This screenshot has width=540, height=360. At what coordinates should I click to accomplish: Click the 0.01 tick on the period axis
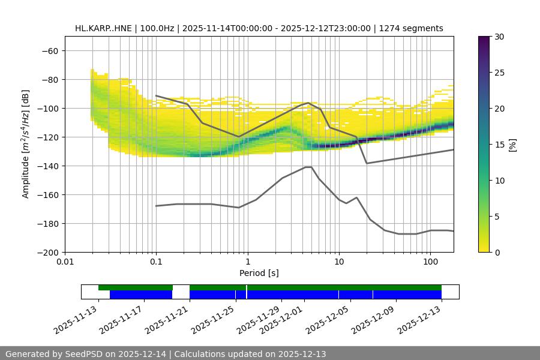65,262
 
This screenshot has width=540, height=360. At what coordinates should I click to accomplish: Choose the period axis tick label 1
248,262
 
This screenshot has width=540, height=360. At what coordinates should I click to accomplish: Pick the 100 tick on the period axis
430,262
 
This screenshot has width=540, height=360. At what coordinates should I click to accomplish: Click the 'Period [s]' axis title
259,273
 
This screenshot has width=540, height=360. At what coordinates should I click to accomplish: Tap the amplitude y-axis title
26,144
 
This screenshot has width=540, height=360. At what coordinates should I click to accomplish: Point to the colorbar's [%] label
513,145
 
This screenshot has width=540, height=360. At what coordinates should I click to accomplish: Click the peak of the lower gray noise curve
308,167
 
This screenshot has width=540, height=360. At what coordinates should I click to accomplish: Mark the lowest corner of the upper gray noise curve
367,163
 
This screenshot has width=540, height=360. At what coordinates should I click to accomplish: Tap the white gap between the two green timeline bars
181,287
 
